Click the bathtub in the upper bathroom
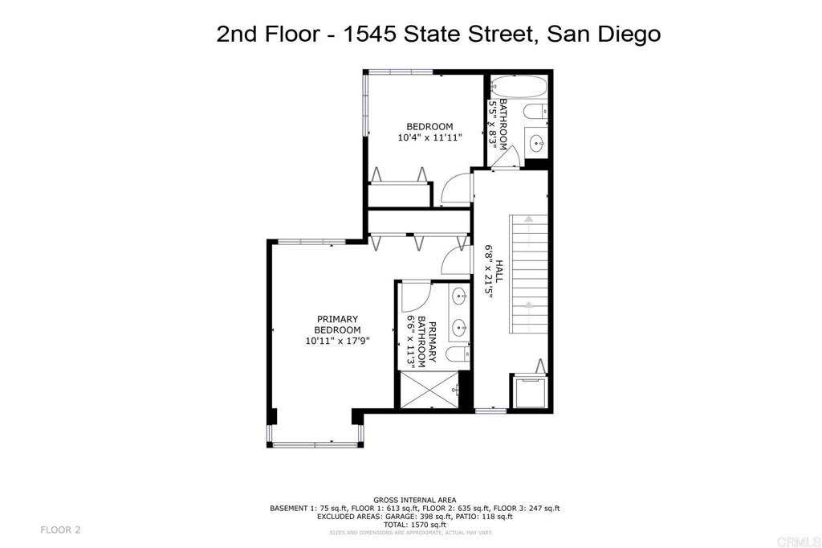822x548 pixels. (519, 86)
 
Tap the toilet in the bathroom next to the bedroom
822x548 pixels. (535, 112)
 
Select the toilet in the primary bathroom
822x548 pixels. (453, 355)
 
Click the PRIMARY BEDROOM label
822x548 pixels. (337, 325)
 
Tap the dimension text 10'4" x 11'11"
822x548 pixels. (429, 137)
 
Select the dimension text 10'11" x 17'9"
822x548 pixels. (337, 341)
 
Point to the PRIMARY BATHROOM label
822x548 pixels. (427, 341)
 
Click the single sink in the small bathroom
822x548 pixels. (536, 143)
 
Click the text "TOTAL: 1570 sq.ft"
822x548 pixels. (415, 524)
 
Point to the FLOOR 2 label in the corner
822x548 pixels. (60, 530)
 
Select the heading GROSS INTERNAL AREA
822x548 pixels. (415, 500)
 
